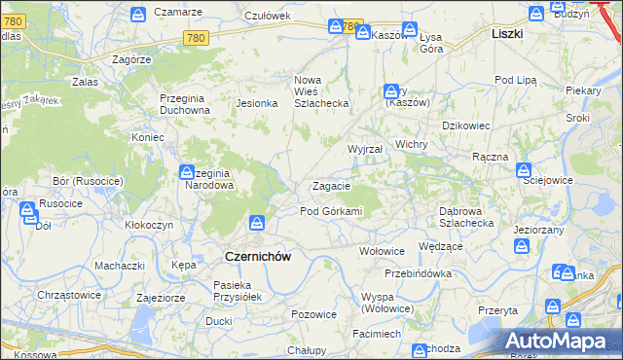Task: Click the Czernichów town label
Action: coord(258,256)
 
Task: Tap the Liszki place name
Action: coord(507,33)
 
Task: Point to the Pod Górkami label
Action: coord(331,211)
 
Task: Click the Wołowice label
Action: coord(382,250)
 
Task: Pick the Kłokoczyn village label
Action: coord(149,224)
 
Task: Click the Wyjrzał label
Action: coord(365,149)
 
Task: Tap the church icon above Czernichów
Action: coord(258,223)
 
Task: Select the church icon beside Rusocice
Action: coord(27,207)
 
